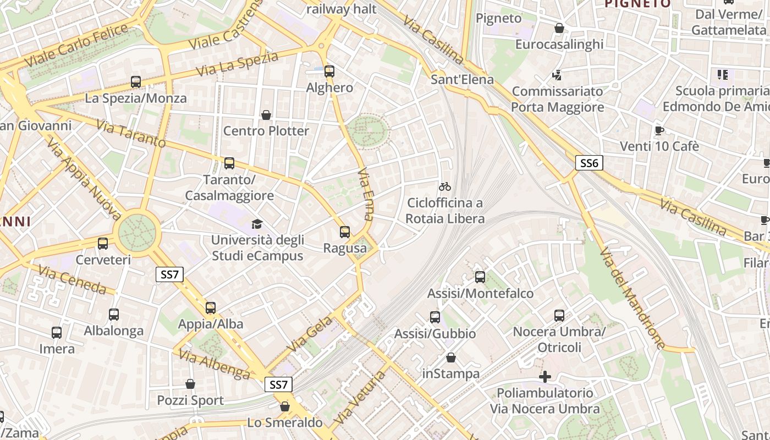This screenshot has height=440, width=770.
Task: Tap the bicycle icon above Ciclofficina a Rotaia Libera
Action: (445, 186)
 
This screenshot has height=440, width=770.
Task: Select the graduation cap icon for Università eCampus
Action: (257, 224)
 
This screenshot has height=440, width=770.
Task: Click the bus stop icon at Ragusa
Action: (345, 232)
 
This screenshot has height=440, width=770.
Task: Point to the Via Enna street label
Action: (366, 195)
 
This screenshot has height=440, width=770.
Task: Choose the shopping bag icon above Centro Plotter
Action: (266, 115)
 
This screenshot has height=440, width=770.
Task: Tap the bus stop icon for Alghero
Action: (329, 71)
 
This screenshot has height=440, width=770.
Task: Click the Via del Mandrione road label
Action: (632, 298)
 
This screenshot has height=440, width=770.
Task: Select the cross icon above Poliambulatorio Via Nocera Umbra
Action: (545, 377)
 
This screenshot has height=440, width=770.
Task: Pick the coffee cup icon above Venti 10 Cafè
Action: (659, 130)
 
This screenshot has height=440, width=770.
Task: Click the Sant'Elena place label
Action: (462, 79)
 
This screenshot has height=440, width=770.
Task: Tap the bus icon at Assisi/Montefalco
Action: (480, 277)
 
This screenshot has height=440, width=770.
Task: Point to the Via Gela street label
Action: (310, 334)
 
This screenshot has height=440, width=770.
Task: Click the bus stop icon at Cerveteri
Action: (103, 244)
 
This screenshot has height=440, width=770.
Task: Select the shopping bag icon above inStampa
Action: (451, 358)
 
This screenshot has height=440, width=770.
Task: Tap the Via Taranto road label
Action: (131, 134)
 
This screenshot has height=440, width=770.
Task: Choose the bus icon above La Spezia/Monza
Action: (136, 82)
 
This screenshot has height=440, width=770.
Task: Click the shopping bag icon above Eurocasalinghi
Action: (559, 28)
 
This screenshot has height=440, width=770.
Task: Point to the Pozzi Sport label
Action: (190, 400)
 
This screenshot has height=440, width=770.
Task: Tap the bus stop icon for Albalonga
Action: (114, 315)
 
